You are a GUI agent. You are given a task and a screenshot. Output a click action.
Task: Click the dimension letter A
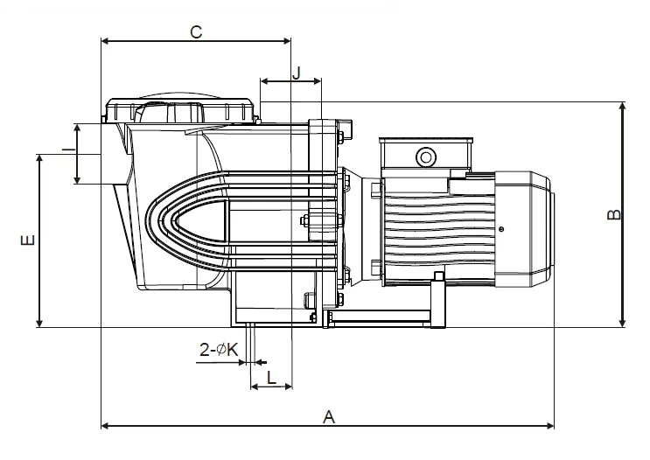point(328,417)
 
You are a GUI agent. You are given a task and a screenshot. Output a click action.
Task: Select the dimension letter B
point(614,214)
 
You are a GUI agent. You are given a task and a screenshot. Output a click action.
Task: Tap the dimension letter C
point(196,31)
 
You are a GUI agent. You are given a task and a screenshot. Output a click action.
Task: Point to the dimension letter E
point(28,240)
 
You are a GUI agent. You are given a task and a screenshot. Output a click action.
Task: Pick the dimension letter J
point(297,73)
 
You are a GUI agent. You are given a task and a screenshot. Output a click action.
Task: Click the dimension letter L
point(271,378)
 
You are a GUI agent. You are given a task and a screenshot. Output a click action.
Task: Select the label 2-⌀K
point(219,350)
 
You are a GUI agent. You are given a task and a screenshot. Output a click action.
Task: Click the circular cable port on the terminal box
point(426,157)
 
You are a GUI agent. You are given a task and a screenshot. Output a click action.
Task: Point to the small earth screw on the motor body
point(501,229)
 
